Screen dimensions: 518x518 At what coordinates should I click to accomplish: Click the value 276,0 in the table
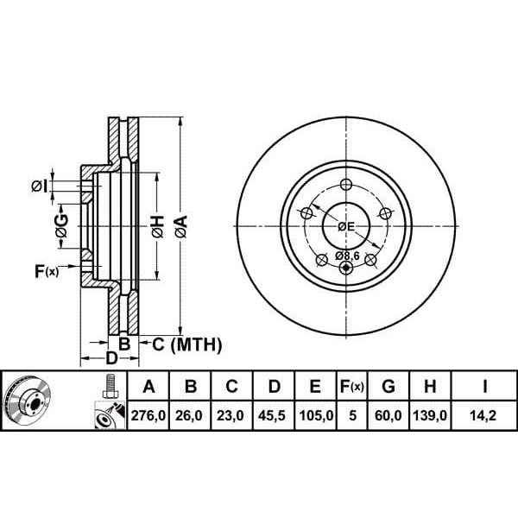[148, 415]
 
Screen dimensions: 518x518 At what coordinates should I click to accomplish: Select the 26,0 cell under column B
[188, 415]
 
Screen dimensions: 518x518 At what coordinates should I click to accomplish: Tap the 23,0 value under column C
[231, 415]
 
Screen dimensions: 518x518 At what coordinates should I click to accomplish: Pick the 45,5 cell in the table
[272, 415]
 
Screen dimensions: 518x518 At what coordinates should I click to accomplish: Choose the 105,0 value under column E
[316, 415]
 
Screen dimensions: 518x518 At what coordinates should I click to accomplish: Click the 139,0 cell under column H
[430, 415]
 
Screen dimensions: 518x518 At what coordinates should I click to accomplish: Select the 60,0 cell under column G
[388, 415]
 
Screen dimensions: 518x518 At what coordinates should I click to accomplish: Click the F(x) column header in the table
[352, 386]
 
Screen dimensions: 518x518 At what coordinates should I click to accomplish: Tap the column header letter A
[149, 386]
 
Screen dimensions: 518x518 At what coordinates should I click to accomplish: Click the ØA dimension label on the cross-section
[181, 226]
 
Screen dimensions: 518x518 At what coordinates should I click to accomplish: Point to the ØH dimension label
[158, 226]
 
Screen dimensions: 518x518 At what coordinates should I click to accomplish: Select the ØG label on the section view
[62, 226]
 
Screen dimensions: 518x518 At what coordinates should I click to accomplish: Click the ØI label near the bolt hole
[39, 186]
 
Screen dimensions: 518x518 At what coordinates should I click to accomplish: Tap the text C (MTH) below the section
[187, 344]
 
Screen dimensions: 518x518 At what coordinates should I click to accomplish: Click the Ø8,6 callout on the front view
[347, 256]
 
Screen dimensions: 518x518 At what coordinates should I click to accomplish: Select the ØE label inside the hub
[346, 226]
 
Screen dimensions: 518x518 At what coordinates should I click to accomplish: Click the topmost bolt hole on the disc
[346, 185]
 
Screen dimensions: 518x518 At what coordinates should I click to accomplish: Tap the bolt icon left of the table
[110, 386]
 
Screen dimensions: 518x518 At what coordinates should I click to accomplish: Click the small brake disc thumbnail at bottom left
[27, 400]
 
